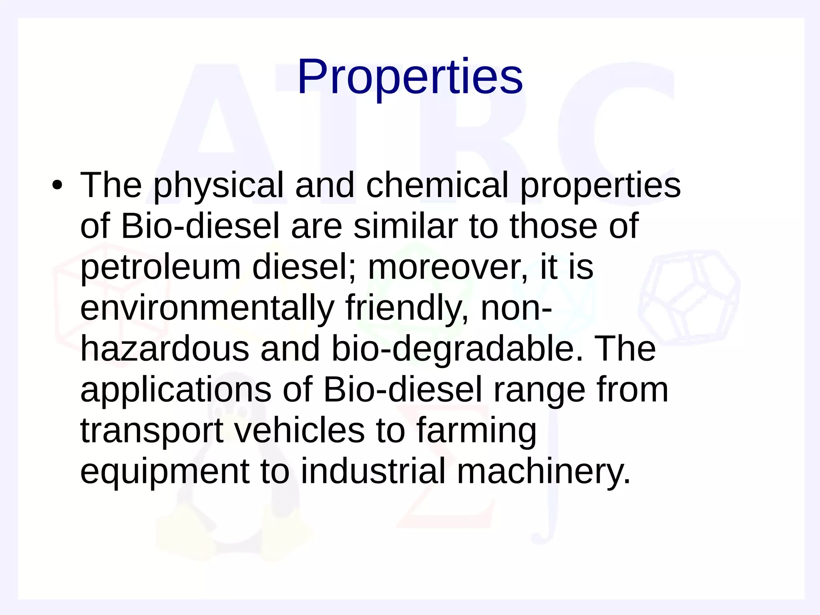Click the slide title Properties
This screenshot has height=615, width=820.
point(410,77)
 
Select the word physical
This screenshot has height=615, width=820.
point(218,185)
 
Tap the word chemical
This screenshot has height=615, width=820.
point(437,185)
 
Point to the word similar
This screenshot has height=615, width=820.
point(405,226)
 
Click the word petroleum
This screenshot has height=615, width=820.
point(161,267)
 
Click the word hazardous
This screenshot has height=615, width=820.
point(165,349)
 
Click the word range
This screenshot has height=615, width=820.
point(539,390)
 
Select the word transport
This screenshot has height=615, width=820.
point(152,431)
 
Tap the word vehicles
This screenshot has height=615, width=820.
point(299,430)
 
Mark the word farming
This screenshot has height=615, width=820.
point(476,431)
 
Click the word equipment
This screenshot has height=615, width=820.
point(165,472)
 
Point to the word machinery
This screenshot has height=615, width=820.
point(543,472)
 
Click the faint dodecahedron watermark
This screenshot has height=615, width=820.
point(689,296)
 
